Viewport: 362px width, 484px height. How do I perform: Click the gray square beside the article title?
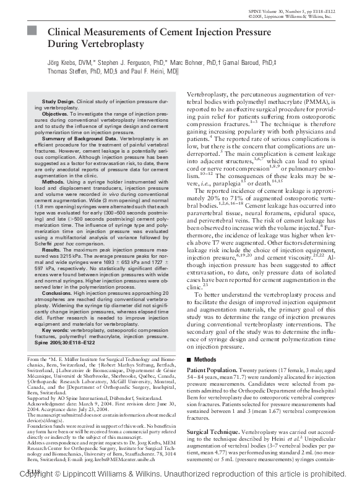(x=34, y=32)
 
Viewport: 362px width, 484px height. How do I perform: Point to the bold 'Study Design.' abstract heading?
(x=58, y=101)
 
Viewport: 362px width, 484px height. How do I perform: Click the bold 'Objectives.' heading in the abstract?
(x=55, y=115)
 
